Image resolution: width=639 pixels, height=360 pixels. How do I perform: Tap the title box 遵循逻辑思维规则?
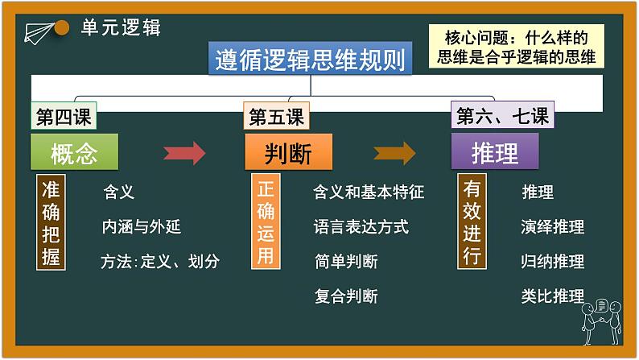click(x=311, y=59)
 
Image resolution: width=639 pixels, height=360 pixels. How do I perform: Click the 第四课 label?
click(x=63, y=117)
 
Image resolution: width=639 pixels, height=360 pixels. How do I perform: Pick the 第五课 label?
click(x=276, y=117)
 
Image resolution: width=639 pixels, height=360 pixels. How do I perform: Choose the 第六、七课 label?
click(x=502, y=117)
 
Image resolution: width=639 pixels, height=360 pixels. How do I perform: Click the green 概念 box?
click(x=74, y=151)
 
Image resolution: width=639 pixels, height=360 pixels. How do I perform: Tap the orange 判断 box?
click(x=288, y=151)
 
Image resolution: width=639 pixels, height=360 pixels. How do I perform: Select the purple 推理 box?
click(x=494, y=151)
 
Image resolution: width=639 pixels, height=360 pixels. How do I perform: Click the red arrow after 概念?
click(x=184, y=152)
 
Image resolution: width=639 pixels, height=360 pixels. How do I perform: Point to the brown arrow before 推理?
click(x=394, y=152)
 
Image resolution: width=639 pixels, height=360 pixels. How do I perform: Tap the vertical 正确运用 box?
click(x=266, y=222)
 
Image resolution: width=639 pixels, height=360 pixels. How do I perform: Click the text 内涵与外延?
click(x=141, y=226)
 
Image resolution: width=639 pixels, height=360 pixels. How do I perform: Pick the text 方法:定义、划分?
click(x=160, y=261)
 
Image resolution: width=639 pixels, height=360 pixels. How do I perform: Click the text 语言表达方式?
click(x=361, y=226)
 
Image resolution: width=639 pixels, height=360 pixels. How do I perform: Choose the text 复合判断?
click(x=345, y=296)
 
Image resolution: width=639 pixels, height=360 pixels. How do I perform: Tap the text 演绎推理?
click(x=552, y=226)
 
